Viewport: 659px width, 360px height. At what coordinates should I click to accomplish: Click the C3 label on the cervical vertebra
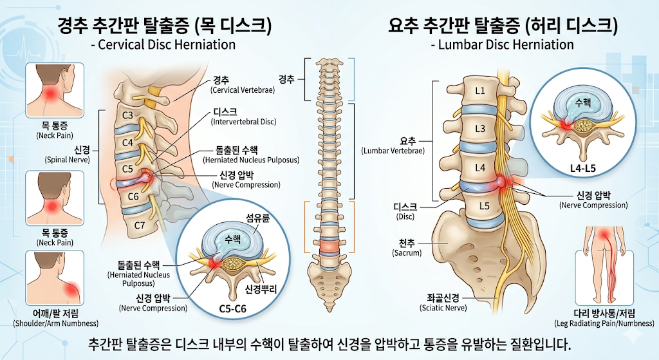coord(128,116)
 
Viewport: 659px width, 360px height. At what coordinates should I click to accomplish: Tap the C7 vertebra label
coord(139,225)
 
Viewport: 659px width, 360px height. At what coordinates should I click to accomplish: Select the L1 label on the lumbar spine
coord(479,91)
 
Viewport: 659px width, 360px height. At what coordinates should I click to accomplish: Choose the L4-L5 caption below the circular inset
coord(583,169)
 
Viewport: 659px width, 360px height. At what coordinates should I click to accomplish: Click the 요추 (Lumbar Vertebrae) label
coord(393,146)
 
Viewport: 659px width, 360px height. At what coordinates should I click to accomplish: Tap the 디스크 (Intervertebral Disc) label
coord(244,115)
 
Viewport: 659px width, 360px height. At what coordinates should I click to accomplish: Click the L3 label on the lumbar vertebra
coord(480,129)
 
